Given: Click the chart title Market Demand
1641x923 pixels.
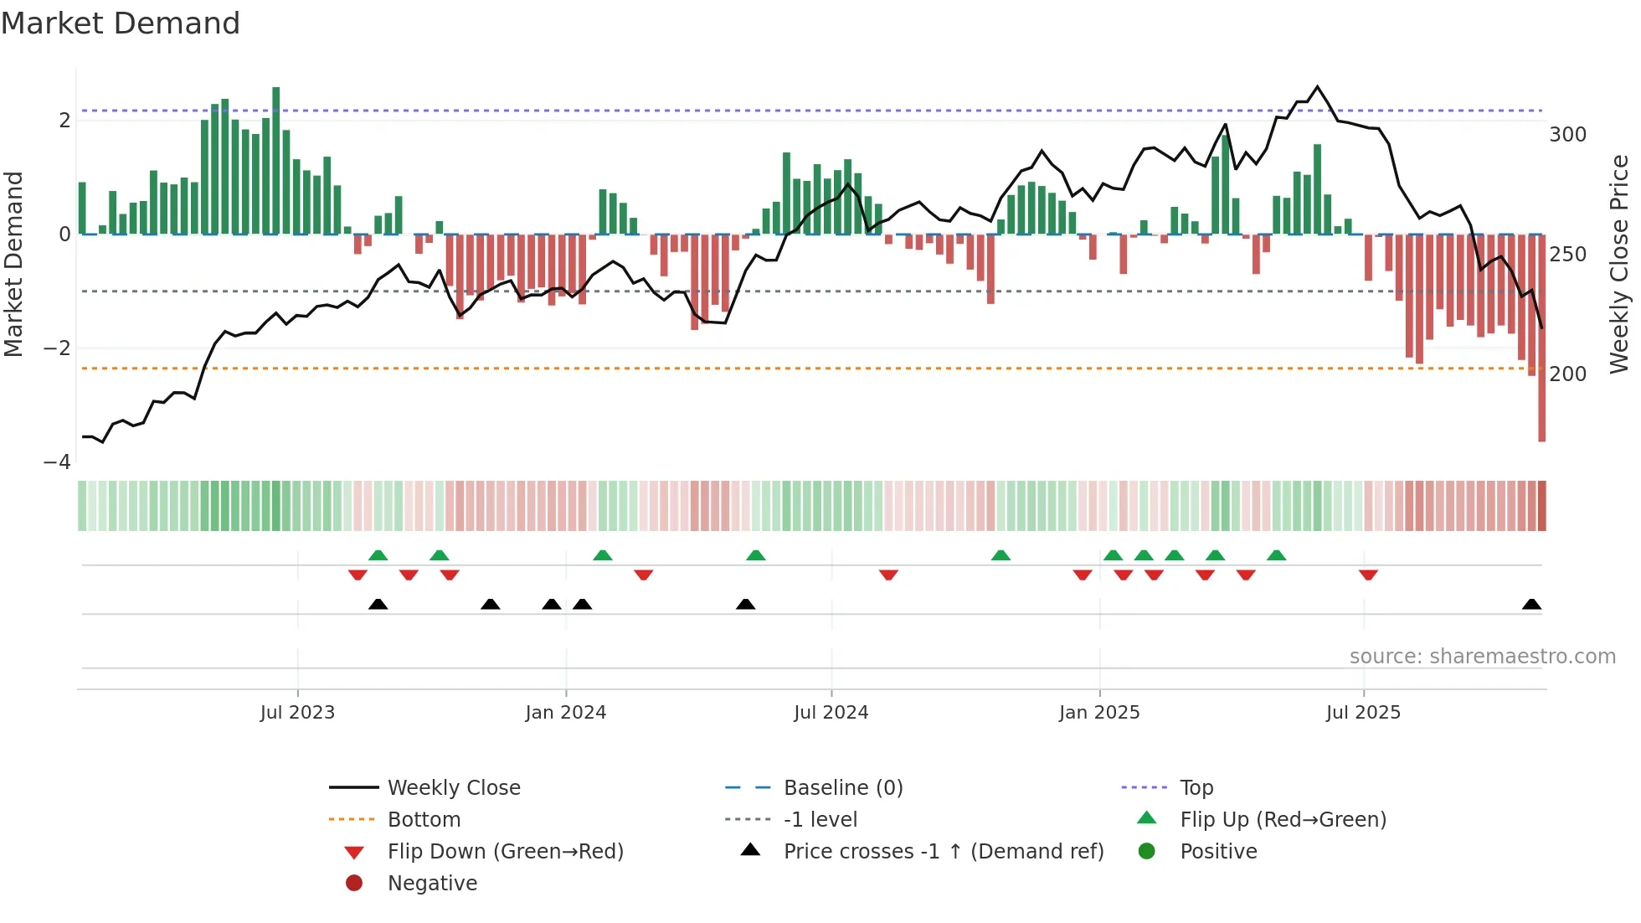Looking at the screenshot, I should (121, 23).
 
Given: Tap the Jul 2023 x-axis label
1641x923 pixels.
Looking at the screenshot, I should (297, 713).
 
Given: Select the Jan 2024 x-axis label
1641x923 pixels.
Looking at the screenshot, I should (565, 713).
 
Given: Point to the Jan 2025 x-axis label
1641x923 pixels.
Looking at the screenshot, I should (1098, 713).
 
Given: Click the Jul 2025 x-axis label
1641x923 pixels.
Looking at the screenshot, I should (1363, 713).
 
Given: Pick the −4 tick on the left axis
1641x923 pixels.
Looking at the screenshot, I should (57, 462).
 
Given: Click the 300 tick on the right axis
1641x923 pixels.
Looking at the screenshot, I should (1567, 135).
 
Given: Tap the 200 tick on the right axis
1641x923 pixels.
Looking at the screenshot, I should (1567, 374).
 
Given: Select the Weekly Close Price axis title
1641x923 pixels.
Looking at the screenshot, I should (1619, 264).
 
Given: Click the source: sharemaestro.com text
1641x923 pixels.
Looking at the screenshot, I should (1482, 657).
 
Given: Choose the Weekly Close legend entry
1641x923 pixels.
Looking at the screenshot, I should (453, 788).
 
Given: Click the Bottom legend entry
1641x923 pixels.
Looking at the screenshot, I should (424, 820).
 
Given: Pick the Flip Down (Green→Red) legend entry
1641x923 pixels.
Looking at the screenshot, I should (505, 852).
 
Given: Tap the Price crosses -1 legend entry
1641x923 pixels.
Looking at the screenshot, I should (943, 852).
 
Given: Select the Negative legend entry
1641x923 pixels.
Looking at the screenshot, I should (432, 884).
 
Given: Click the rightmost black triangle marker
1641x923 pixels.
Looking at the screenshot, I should (1531, 605).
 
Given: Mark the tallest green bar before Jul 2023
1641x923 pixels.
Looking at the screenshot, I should (276, 159).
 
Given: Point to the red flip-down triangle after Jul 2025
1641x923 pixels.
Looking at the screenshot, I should (1368, 575).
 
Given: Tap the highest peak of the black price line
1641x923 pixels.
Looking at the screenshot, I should (1317, 87).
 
